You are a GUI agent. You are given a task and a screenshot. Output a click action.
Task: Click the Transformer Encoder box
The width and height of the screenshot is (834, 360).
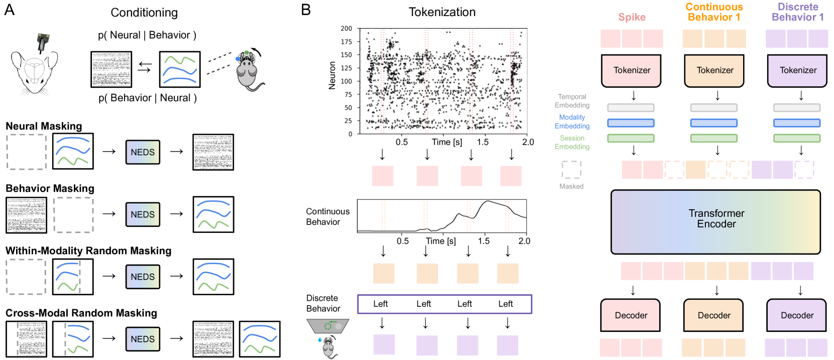point(716,221)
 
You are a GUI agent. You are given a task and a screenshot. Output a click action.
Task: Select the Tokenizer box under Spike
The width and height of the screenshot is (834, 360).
point(631,71)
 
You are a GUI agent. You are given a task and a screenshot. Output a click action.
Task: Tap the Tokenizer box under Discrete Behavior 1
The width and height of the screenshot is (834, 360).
point(797,71)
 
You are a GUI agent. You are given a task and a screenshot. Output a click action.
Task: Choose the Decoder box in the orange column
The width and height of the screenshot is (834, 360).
point(714,315)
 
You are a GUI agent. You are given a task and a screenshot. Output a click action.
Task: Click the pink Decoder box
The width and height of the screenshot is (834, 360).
point(631,315)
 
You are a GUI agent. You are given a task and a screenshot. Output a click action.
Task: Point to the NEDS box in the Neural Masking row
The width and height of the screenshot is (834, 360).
point(143,152)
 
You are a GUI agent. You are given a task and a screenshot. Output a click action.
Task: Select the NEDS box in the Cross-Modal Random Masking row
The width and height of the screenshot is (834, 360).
point(143,339)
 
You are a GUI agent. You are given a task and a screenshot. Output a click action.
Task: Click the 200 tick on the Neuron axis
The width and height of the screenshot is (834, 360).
point(346,29)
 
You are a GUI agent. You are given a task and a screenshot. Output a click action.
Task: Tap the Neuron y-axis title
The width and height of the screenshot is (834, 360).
point(332,75)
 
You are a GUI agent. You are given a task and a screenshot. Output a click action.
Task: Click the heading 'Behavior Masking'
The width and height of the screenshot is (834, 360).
point(50,188)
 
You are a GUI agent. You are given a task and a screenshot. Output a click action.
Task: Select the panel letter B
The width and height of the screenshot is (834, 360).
point(306,10)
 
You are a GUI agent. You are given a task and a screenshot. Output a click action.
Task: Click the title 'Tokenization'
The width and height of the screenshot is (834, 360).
point(442,12)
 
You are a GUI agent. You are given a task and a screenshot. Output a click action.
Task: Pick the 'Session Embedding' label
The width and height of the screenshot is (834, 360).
point(572,143)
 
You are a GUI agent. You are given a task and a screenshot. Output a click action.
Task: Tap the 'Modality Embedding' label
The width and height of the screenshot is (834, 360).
point(572,122)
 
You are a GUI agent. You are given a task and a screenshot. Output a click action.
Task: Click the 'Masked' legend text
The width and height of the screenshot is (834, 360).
point(571,186)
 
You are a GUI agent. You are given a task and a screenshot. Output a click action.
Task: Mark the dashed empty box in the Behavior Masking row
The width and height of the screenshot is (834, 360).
point(74,215)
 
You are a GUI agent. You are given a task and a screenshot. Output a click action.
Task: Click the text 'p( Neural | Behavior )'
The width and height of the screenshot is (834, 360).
point(147,35)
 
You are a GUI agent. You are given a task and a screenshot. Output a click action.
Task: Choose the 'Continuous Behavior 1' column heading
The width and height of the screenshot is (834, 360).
point(714,12)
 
